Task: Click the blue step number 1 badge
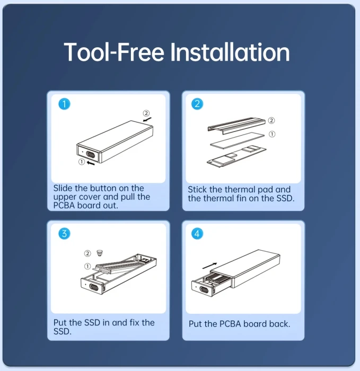pyautogui.click(x=64, y=104)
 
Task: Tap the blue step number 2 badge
pyautogui.click(x=197, y=104)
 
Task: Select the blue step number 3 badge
pyautogui.click(x=64, y=234)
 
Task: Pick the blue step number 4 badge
pyautogui.click(x=197, y=234)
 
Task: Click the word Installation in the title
pyautogui.click(x=230, y=52)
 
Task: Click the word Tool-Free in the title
pyautogui.click(x=114, y=52)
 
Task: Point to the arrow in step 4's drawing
pyautogui.click(x=210, y=266)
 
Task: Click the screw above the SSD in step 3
pyautogui.click(x=100, y=253)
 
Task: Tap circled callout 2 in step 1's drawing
pyautogui.click(x=146, y=113)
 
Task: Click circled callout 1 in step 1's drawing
pyautogui.click(x=82, y=162)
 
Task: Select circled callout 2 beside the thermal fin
pyautogui.click(x=271, y=120)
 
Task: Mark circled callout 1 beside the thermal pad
pyautogui.click(x=272, y=134)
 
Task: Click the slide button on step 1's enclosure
pyautogui.click(x=91, y=155)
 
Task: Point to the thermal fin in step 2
pyautogui.click(x=236, y=125)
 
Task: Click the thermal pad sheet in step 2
pyautogui.click(x=237, y=140)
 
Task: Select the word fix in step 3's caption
pyautogui.click(x=134, y=322)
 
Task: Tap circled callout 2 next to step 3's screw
pyautogui.click(x=87, y=253)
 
